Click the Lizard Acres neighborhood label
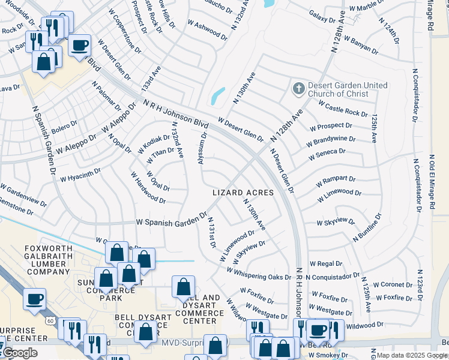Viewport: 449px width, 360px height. [x=243, y=193]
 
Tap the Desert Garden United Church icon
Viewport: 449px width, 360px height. [x=298, y=89]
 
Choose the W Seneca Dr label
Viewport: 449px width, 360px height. [x=327, y=154]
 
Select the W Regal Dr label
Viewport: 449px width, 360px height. [x=326, y=264]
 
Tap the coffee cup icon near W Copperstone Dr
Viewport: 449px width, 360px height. [x=79, y=45]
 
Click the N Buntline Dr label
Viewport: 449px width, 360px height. [x=367, y=229]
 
